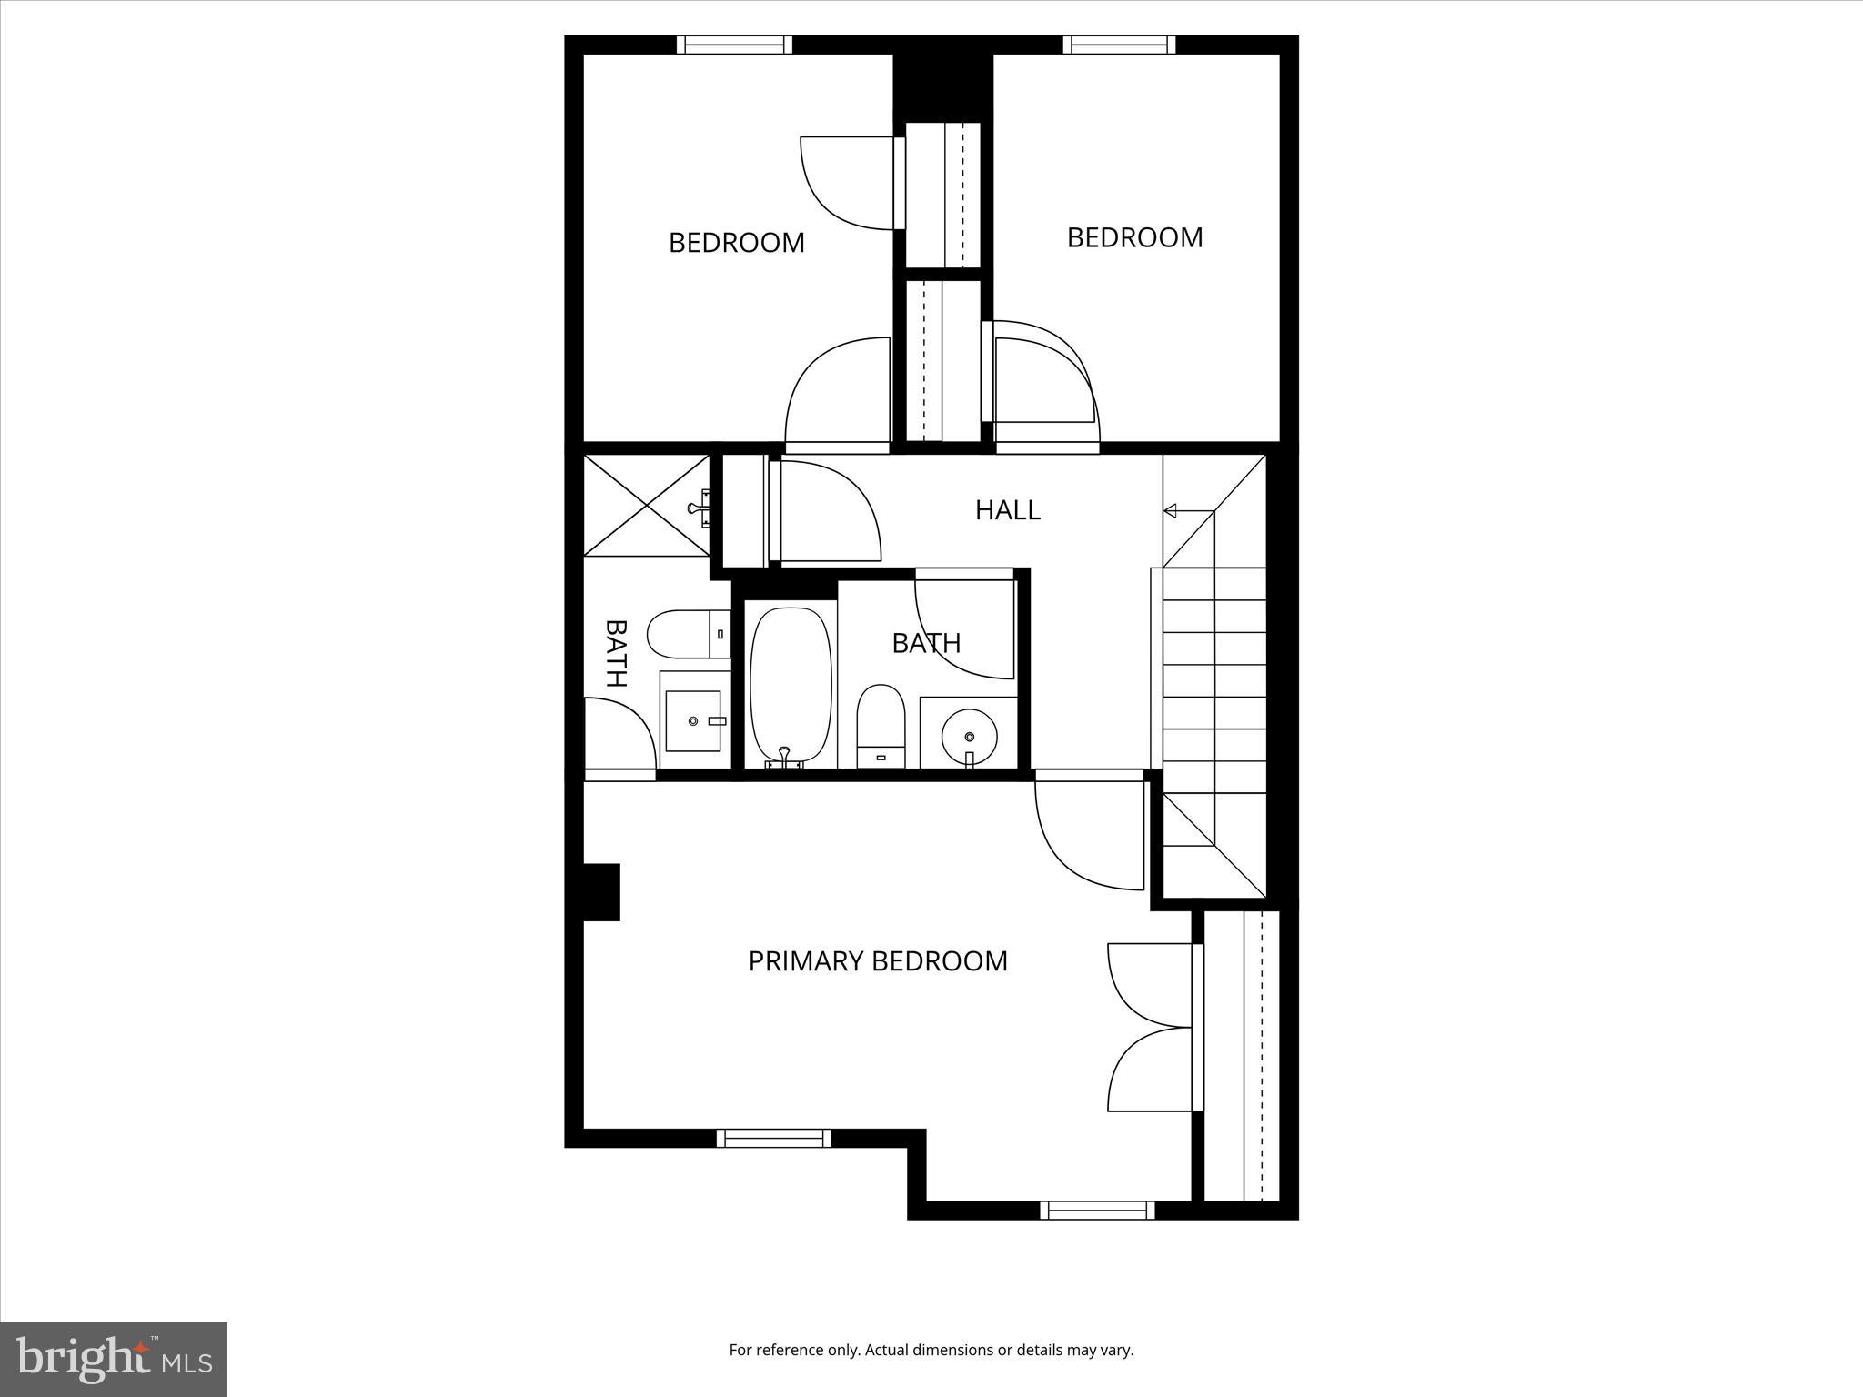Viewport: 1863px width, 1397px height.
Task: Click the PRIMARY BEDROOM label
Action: tap(878, 961)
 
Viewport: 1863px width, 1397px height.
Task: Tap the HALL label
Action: tap(1007, 510)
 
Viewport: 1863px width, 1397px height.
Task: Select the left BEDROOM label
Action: tap(737, 243)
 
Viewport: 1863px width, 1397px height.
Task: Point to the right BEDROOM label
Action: tap(1134, 237)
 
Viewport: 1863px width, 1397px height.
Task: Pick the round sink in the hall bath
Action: tap(968, 733)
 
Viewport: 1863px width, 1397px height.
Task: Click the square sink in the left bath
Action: tap(693, 721)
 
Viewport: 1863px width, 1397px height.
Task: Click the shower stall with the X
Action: tap(646, 505)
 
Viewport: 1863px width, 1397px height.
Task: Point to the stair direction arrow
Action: tap(1171, 511)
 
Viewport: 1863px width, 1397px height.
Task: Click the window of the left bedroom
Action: tap(734, 45)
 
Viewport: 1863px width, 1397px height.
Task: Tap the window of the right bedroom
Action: tap(1119, 45)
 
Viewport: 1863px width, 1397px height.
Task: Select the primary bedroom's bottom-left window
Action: tap(773, 1138)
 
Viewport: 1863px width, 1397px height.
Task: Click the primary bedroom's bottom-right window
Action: tap(1097, 1211)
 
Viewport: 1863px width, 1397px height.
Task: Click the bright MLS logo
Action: tap(114, 1359)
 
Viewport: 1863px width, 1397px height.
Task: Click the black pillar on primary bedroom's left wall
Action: tap(601, 891)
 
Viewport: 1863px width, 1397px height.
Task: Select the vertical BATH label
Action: tap(616, 653)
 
